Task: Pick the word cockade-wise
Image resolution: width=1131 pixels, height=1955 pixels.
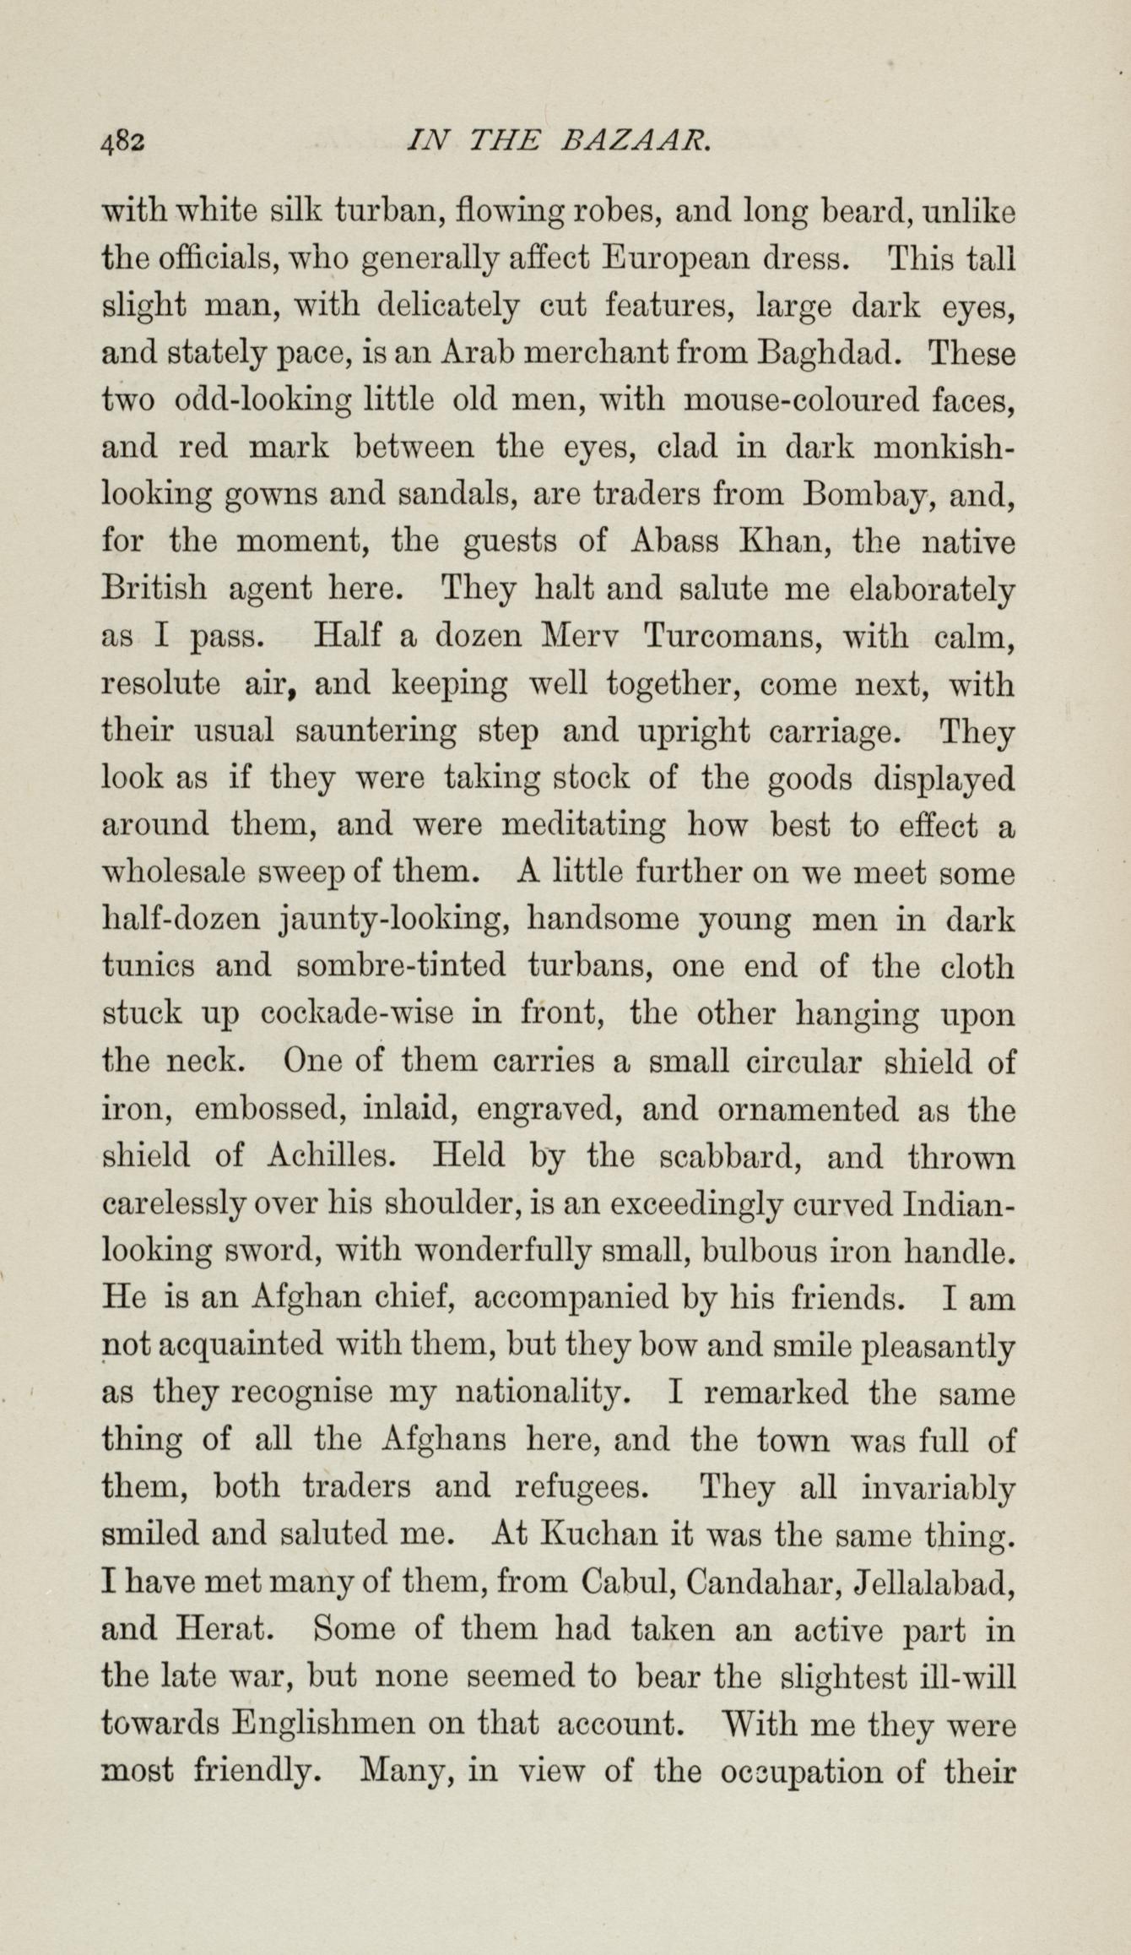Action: coord(361,1013)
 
